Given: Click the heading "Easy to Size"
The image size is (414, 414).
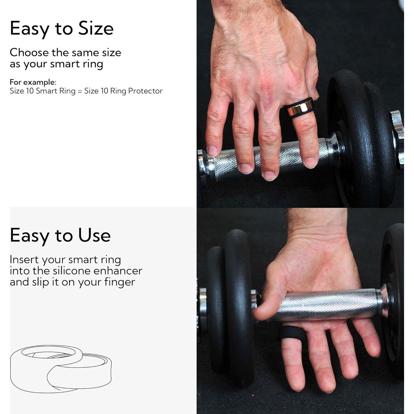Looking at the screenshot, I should click(62, 29).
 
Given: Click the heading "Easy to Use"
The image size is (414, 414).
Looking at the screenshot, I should click(60, 235).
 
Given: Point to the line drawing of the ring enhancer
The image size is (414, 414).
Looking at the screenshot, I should click(61, 368).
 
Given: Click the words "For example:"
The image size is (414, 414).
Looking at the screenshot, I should click(33, 82).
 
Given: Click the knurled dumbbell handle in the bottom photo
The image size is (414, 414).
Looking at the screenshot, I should click(328, 304).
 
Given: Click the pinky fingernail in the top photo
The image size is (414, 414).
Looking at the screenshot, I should click(212, 151).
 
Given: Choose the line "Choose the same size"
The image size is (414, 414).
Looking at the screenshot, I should click(65, 52).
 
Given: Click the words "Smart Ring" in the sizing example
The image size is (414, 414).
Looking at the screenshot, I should click(55, 91).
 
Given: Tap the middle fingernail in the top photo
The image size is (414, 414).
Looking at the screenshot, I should click(269, 175).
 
